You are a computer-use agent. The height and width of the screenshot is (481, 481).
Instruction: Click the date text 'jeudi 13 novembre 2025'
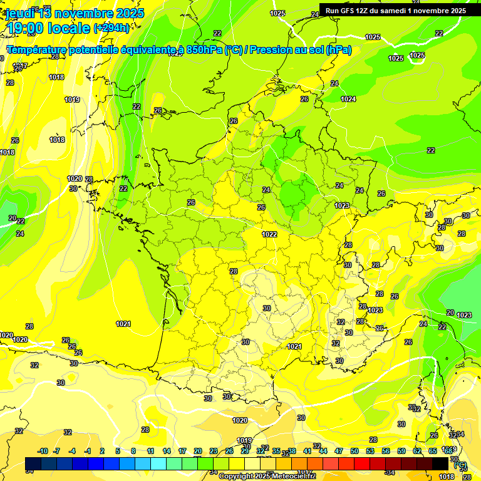tap(75, 13)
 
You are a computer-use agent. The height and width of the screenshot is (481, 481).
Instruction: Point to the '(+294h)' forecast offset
tap(111, 28)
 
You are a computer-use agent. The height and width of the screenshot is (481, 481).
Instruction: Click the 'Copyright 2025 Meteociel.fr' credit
tap(267, 477)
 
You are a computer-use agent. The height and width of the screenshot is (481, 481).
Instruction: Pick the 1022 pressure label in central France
tap(269, 234)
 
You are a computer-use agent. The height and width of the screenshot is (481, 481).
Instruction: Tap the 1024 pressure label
tap(348, 100)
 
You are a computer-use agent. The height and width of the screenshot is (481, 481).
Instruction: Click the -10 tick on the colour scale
tap(43, 451)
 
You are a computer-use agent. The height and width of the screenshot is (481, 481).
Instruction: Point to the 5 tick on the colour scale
tap(118, 451)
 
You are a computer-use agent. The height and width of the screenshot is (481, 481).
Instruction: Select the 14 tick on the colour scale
tap(167, 451)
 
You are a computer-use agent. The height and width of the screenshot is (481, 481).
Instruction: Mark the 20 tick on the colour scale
tap(198, 451)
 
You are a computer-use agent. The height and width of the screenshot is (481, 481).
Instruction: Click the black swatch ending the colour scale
tap(440, 463)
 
